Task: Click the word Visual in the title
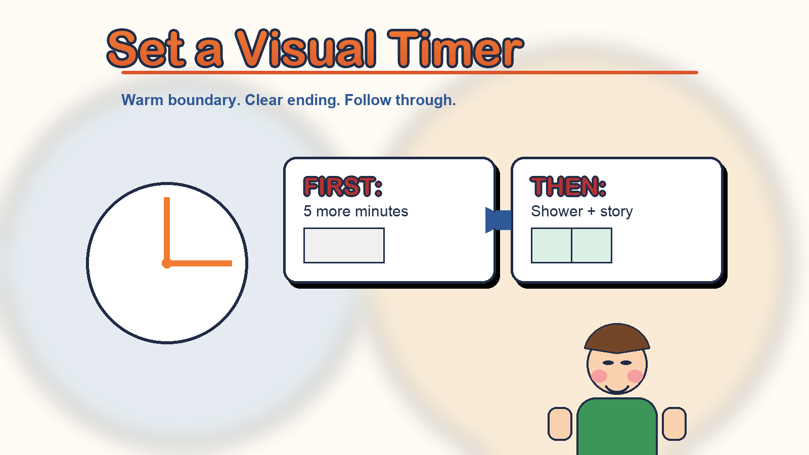306,49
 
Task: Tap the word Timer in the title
455,49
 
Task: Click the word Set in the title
146,49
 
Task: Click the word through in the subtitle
425,100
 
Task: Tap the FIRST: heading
343,187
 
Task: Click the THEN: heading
568,187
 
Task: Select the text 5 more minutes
356,211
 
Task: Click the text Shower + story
582,212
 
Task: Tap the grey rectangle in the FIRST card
344,246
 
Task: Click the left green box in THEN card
551,246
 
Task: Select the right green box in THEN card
592,246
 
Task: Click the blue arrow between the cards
499,220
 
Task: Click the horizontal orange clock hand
199,263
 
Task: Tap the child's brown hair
617,338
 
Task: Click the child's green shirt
617,427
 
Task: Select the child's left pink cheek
599,376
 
